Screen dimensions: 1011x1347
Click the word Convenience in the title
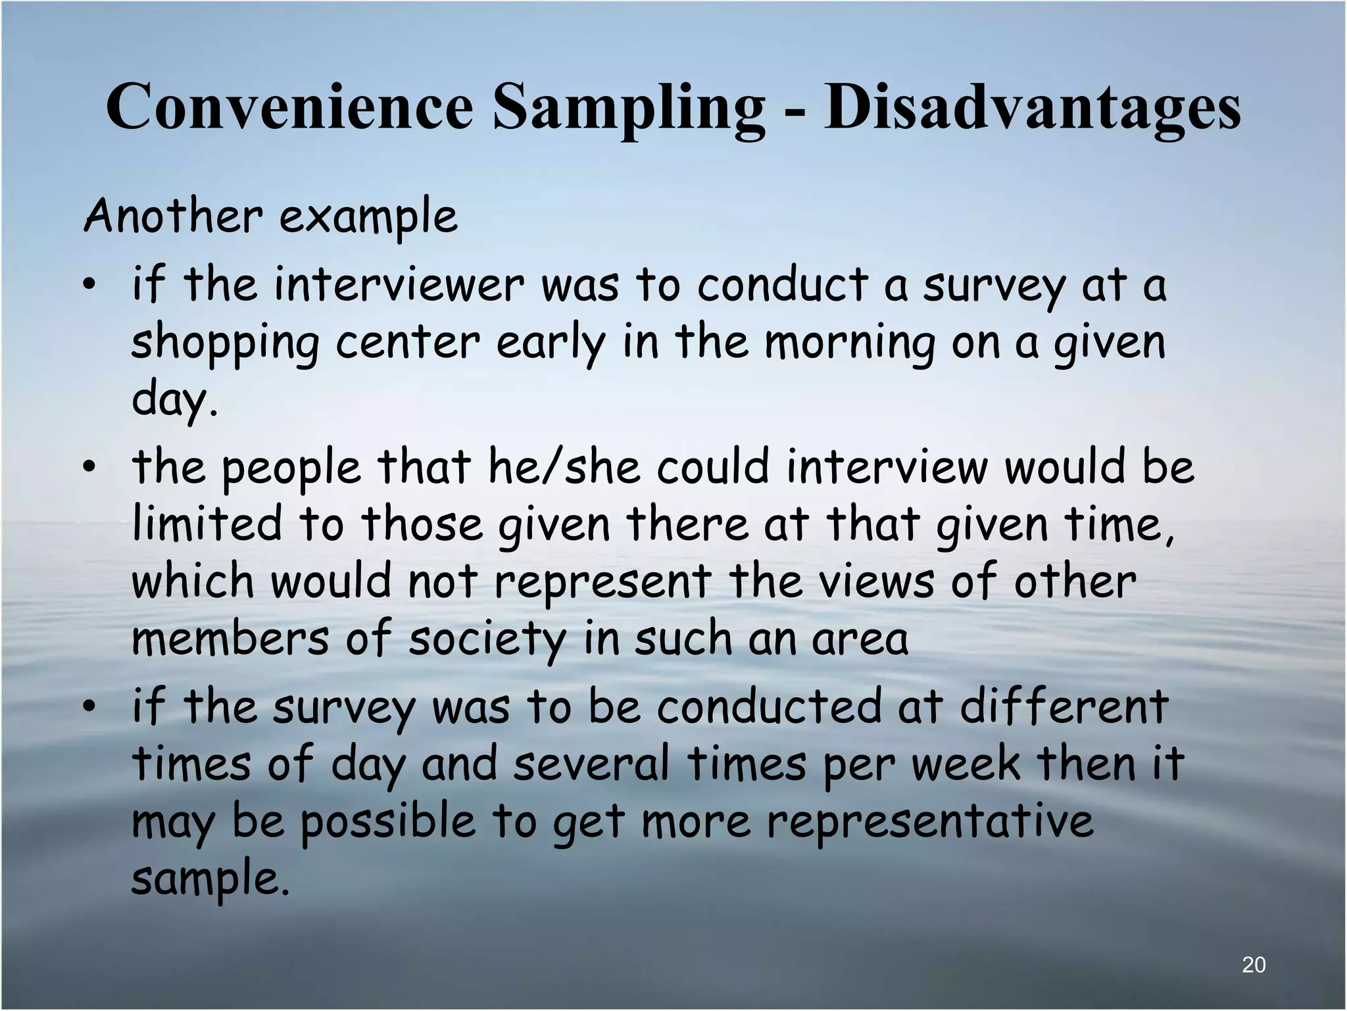point(289,107)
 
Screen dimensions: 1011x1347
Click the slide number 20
point(1254,965)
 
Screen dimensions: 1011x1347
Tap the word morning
point(850,344)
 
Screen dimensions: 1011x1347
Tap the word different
point(1064,706)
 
